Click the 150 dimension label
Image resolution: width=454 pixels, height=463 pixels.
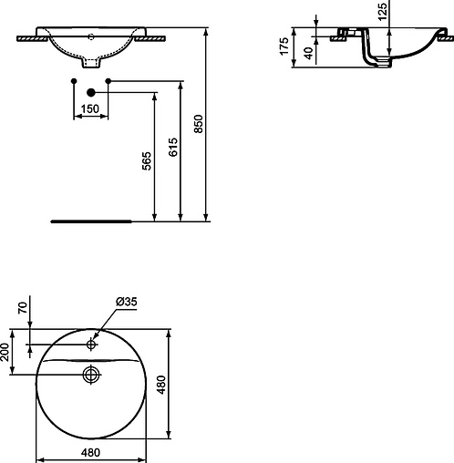(x=88, y=109)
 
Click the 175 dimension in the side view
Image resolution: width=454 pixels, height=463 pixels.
(x=285, y=46)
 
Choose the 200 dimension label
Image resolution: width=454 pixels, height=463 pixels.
(x=7, y=353)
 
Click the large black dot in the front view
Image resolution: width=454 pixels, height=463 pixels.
(x=90, y=92)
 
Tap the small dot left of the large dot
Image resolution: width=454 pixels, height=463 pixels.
(x=73, y=82)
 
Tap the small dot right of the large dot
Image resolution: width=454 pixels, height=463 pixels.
(x=108, y=82)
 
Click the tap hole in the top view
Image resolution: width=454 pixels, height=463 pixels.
(x=91, y=345)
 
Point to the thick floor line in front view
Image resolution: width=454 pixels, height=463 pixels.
(x=91, y=221)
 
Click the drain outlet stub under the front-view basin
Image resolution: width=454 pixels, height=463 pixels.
(x=91, y=64)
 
